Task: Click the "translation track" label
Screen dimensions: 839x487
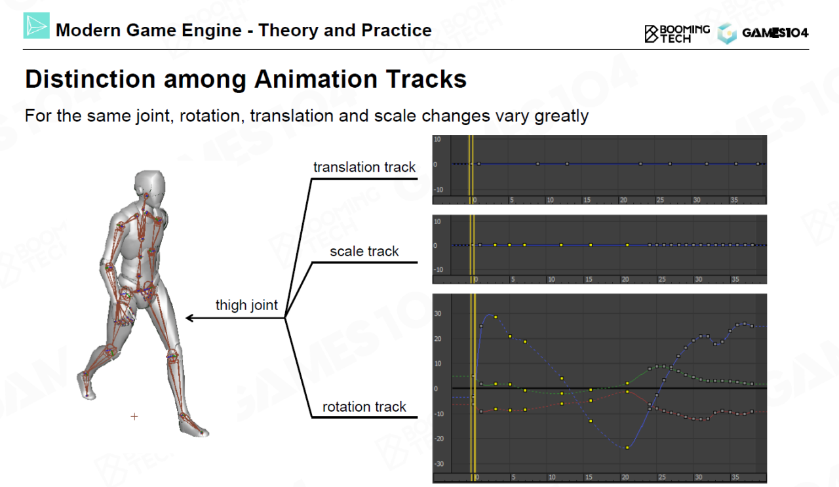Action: (364, 167)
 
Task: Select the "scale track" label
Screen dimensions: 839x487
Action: (364, 252)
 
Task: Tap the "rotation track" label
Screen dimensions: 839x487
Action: (364, 407)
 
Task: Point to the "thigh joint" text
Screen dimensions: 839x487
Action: (246, 305)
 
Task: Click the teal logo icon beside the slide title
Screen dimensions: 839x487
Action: (36, 26)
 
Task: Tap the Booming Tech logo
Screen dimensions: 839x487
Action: (677, 34)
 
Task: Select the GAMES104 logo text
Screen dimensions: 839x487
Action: (775, 33)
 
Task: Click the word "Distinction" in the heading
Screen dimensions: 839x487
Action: (90, 79)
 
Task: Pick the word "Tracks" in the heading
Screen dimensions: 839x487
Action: (426, 79)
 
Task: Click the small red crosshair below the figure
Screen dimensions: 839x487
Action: (134, 416)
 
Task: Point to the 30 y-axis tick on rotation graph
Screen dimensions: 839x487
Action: (438, 313)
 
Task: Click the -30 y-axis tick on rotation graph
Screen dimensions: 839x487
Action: (439, 464)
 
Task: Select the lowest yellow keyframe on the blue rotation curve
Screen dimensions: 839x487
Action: (627, 448)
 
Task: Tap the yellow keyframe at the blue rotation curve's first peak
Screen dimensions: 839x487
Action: (496, 317)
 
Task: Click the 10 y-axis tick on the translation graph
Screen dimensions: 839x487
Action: (437, 140)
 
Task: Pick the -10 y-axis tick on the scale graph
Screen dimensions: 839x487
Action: (439, 270)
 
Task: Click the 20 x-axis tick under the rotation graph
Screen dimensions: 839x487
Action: (625, 477)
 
